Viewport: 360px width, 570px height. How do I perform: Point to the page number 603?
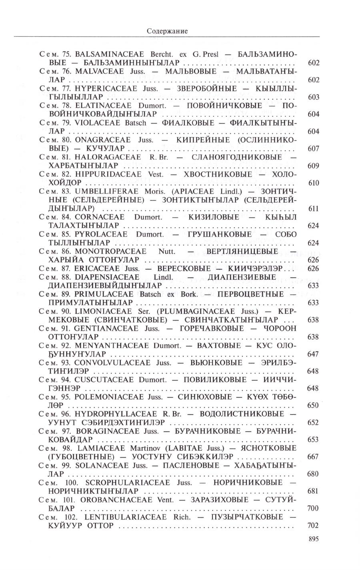(x=313, y=97)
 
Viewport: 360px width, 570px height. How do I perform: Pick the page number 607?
(x=313, y=149)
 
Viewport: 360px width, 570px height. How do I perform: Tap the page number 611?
(x=313, y=209)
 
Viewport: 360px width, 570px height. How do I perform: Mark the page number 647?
(x=313, y=354)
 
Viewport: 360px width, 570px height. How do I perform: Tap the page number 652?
(x=313, y=423)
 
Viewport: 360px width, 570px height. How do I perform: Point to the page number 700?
(x=313, y=508)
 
